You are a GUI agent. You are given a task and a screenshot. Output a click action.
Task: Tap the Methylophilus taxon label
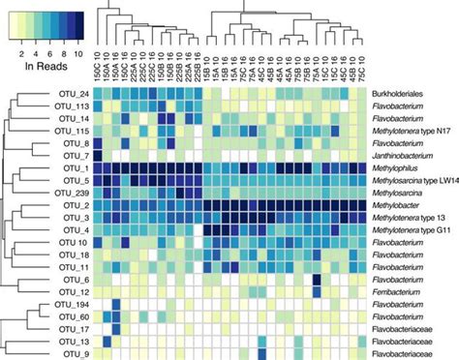click(x=396, y=167)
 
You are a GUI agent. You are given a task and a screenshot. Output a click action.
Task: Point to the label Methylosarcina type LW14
click(x=414, y=180)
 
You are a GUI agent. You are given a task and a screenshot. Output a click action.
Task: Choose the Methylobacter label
click(x=397, y=205)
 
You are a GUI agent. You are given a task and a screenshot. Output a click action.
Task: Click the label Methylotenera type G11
click(x=413, y=229)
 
